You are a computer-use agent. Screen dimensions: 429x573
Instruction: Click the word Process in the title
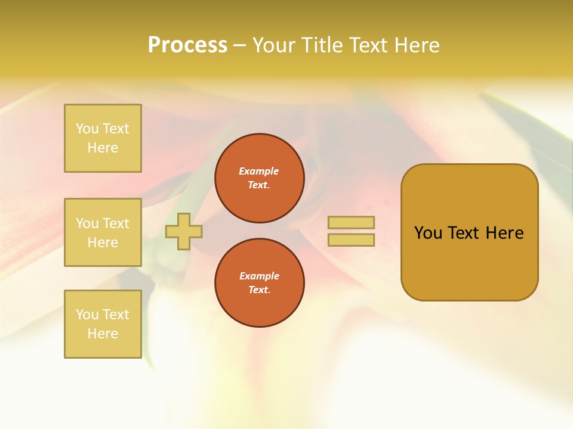coord(187,45)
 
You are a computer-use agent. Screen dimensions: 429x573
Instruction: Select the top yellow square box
coord(103,138)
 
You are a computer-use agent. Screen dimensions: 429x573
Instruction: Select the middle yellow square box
coord(103,232)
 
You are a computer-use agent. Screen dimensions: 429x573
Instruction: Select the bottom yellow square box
coord(103,324)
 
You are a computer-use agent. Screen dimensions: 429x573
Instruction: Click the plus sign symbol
coord(184,231)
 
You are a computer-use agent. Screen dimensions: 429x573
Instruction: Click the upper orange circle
coord(260,178)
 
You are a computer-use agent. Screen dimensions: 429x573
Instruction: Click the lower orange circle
coord(260,283)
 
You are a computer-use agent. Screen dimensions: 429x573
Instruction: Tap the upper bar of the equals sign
coord(351,222)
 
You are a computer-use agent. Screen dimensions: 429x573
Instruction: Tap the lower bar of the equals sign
coord(351,240)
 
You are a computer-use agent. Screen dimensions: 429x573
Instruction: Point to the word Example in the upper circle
coord(259,171)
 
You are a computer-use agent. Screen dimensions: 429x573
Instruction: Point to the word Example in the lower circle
coord(259,276)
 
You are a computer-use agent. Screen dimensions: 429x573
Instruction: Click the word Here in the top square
coord(103,148)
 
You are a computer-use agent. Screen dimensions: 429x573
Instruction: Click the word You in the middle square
coord(87,223)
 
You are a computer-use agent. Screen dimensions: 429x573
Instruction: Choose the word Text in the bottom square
coord(116,315)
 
